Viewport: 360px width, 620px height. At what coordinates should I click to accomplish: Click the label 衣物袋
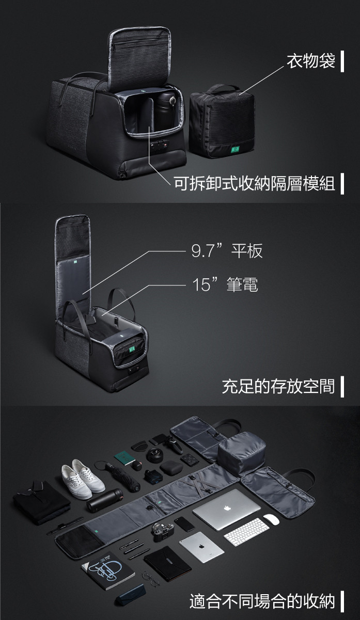click(311, 61)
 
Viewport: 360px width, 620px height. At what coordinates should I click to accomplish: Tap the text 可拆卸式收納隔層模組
click(254, 183)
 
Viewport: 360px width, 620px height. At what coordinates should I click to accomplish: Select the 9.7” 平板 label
click(227, 251)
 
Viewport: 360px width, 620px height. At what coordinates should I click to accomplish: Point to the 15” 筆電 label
click(225, 284)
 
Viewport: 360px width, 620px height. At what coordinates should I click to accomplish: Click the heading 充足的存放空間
click(278, 386)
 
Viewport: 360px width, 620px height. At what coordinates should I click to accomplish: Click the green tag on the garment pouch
click(235, 150)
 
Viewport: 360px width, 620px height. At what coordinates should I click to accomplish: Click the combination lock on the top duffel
click(160, 144)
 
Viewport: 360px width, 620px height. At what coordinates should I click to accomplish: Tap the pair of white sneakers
click(83, 479)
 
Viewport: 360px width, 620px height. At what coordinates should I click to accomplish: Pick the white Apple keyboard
click(246, 532)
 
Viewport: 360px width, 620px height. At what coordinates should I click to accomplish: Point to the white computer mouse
click(271, 519)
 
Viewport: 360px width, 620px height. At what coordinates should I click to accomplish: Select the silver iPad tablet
click(201, 547)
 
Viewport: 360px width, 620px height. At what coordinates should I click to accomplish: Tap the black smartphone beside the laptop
click(185, 523)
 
